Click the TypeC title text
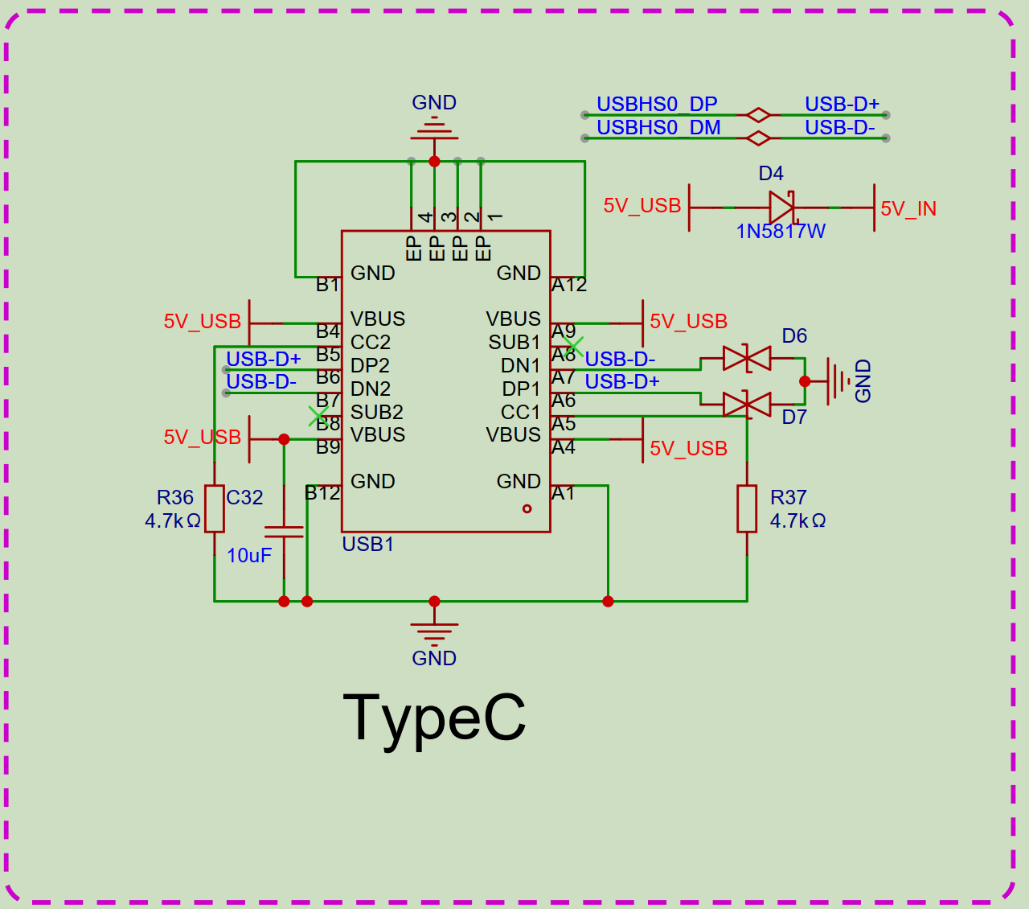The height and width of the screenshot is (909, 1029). click(434, 718)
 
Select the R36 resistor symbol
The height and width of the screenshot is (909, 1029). click(214, 508)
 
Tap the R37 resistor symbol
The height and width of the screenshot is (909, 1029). click(747, 508)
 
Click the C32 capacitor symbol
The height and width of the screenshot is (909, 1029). click(284, 532)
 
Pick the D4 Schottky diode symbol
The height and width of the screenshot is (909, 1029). click(781, 208)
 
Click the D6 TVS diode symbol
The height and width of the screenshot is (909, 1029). click(747, 358)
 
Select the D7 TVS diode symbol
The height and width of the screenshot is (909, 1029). click(747, 404)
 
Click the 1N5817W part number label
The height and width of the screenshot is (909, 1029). click(781, 232)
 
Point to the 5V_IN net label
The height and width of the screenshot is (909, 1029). click(908, 209)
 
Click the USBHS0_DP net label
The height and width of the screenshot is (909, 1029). click(657, 105)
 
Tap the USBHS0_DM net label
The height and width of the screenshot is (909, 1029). click(658, 128)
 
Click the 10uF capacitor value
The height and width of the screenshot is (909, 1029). click(249, 556)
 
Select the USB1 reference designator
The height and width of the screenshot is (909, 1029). click(368, 545)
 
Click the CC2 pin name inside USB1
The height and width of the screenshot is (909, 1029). click(371, 343)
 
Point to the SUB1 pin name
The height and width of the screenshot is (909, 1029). click(514, 343)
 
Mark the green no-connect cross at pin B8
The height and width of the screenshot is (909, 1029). click(318, 416)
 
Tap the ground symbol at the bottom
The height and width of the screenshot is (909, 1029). click(434, 631)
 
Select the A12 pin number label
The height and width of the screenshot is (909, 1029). click(569, 285)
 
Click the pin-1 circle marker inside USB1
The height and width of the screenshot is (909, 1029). click(527, 508)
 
